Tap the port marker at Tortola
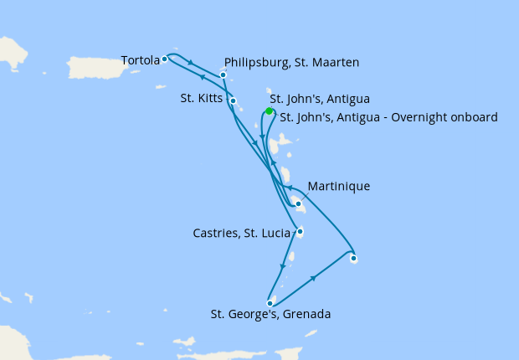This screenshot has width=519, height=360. coord(165,59)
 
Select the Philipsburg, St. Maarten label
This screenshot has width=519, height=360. coord(291,62)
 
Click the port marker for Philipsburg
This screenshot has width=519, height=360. coord(224,75)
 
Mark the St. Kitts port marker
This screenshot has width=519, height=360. coord(234,101)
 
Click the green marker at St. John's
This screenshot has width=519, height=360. coord(269,111)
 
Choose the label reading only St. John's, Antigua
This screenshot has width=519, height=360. coord(320,99)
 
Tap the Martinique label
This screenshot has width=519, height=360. coord(338,186)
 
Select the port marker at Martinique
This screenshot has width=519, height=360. coord(298,203)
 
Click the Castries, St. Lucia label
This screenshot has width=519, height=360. coord(239,232)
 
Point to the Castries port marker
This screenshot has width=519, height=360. coord(300,232)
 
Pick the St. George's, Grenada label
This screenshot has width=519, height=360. coord(271,315)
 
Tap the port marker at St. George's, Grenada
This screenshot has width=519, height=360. coord(270,303)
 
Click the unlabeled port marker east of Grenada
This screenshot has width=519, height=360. coord(353,259)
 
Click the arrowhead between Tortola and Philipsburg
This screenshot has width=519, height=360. coord(192,64)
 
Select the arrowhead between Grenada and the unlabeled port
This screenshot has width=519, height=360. coord(314,278)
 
